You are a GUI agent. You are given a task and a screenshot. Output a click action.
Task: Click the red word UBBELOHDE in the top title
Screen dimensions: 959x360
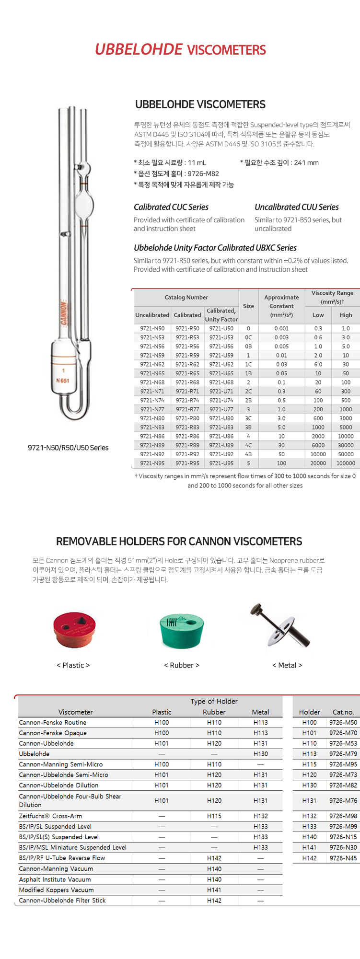click(139, 49)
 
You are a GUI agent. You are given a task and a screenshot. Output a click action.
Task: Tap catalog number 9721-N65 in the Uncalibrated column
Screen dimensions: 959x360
click(152, 373)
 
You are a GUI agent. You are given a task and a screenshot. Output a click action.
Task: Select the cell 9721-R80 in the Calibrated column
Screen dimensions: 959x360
click(187, 418)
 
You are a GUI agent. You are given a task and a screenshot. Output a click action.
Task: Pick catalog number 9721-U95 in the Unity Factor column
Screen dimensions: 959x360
click(221, 463)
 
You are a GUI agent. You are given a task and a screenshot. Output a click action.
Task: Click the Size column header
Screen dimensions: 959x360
click(248, 306)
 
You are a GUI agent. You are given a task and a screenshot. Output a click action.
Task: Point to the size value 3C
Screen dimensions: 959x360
click(248, 418)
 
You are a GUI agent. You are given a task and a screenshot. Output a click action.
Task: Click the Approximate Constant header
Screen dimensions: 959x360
click(281, 306)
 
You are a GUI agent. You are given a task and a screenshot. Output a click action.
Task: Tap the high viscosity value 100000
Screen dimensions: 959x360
click(346, 463)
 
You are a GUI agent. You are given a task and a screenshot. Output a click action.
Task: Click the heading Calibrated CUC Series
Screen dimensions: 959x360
click(171, 207)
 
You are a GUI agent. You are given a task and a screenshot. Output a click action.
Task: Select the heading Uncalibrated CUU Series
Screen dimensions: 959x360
click(297, 207)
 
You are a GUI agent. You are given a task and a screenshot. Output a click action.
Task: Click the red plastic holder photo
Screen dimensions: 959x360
click(74, 629)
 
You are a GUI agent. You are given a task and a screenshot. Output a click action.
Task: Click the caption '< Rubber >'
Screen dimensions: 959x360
click(182, 665)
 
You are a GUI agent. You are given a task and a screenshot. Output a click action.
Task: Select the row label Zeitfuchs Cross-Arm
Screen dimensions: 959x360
click(50, 816)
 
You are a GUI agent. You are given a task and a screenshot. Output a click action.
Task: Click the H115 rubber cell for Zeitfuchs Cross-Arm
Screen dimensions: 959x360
click(214, 816)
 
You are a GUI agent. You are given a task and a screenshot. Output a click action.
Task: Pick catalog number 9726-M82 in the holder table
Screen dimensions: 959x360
click(343, 785)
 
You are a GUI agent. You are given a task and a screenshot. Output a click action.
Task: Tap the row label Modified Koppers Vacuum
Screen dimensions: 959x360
click(56, 890)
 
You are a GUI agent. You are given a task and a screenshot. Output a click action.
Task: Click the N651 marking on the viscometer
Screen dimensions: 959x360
click(63, 381)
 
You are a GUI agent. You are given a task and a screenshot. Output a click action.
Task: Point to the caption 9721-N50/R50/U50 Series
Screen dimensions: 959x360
click(68, 448)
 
